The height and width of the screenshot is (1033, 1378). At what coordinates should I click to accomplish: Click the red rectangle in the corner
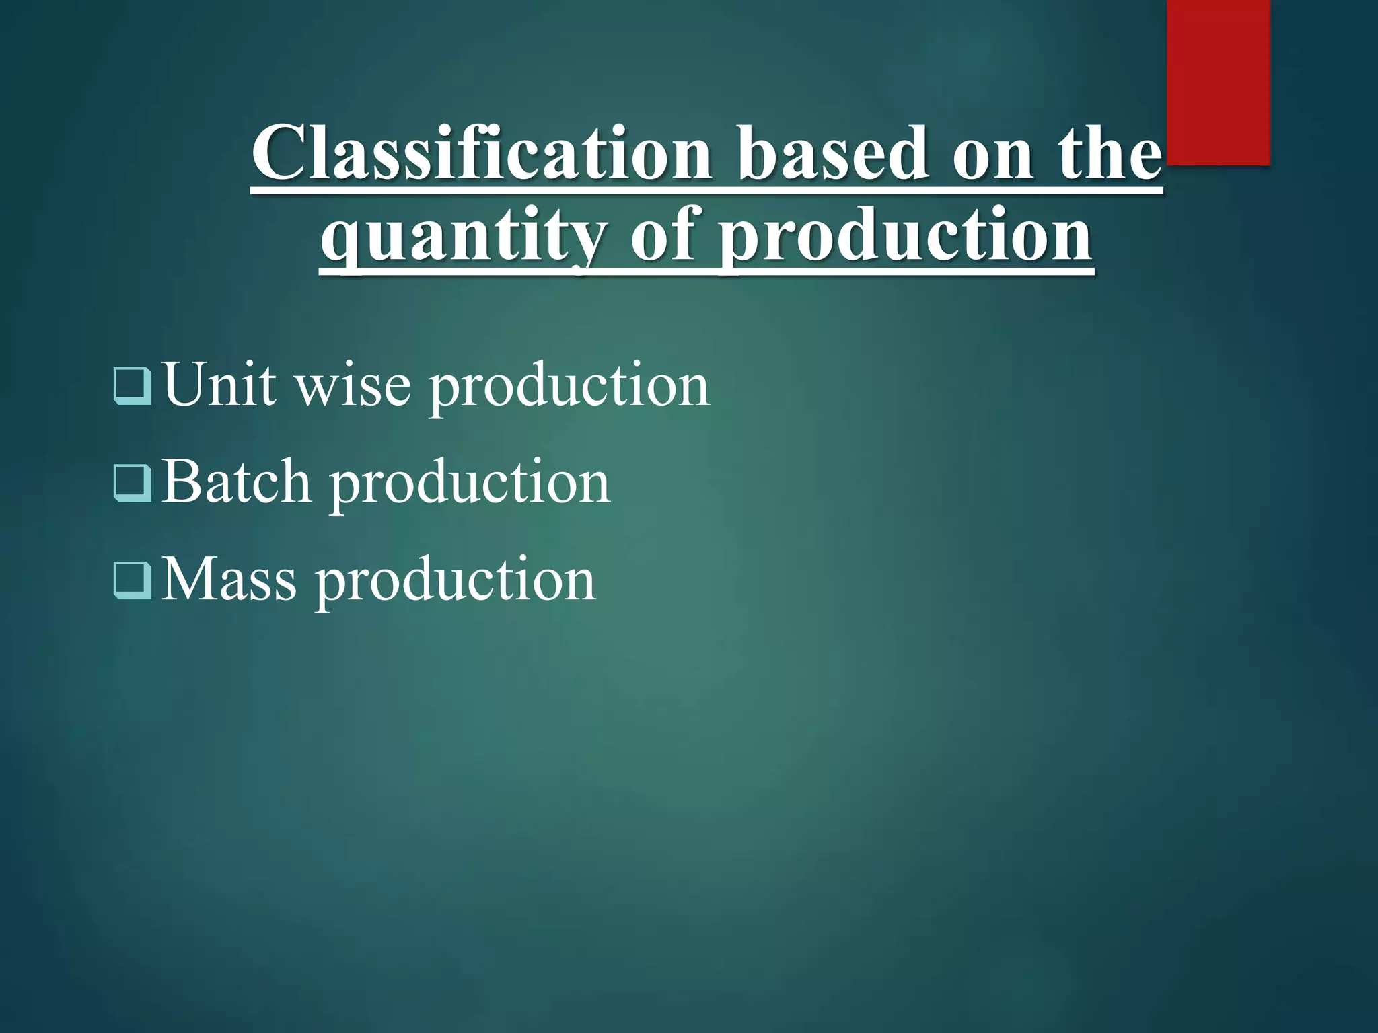pos(1218,82)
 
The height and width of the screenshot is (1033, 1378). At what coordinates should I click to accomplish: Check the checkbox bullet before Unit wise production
pos(133,385)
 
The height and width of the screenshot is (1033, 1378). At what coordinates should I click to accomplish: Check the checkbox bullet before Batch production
pos(133,482)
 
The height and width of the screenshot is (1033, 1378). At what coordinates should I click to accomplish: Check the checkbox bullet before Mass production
pos(133,580)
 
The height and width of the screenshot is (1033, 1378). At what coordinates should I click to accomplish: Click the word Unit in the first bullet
pos(220,385)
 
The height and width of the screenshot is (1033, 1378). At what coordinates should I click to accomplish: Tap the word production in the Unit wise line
pos(569,387)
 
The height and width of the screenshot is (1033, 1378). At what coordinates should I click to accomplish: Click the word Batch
pos(236,482)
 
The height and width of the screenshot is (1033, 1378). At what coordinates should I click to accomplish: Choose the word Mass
pos(229,580)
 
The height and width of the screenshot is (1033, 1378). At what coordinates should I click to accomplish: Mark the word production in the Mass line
pos(456,582)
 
